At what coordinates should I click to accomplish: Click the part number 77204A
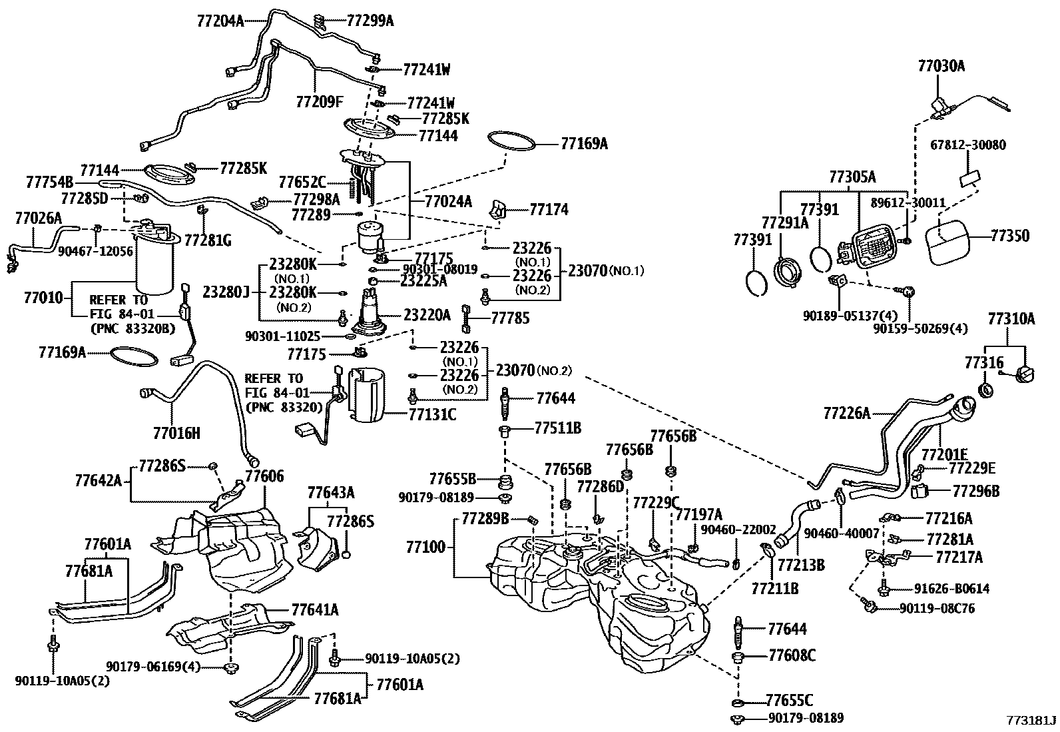220,21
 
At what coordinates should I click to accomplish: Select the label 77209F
320,101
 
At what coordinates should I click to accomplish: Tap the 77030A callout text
941,66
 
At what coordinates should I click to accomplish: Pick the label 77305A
852,177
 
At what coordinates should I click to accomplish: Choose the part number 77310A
1011,320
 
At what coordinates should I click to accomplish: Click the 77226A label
846,414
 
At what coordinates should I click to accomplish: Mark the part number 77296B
976,492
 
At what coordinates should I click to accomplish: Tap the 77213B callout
801,565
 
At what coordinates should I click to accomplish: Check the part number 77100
425,548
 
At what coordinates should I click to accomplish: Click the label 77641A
315,609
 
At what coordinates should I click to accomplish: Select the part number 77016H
176,434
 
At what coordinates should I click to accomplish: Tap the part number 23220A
427,314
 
